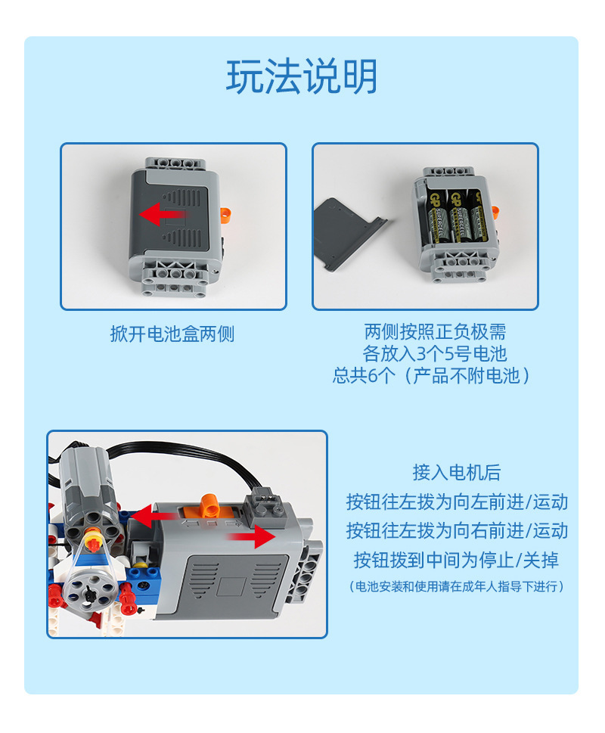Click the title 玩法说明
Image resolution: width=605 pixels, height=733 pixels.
click(x=302, y=76)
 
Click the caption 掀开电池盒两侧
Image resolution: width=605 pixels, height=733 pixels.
click(x=172, y=334)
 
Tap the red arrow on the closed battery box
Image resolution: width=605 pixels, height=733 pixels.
click(x=163, y=215)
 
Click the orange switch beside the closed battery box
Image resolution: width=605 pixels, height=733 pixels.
click(x=226, y=215)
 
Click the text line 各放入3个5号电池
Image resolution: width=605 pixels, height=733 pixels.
click(x=435, y=353)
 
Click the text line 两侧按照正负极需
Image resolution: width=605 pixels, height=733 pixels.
click(x=435, y=332)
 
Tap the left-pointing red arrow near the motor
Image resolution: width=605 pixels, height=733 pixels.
click(x=154, y=517)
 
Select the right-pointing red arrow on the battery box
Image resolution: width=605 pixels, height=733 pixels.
click(x=251, y=536)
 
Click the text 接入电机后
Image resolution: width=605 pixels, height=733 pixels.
click(x=457, y=472)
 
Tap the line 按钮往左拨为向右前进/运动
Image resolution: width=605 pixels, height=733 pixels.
click(x=457, y=530)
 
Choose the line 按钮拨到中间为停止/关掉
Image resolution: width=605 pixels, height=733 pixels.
click(x=457, y=560)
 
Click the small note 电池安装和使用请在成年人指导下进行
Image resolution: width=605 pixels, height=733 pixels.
click(x=457, y=586)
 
